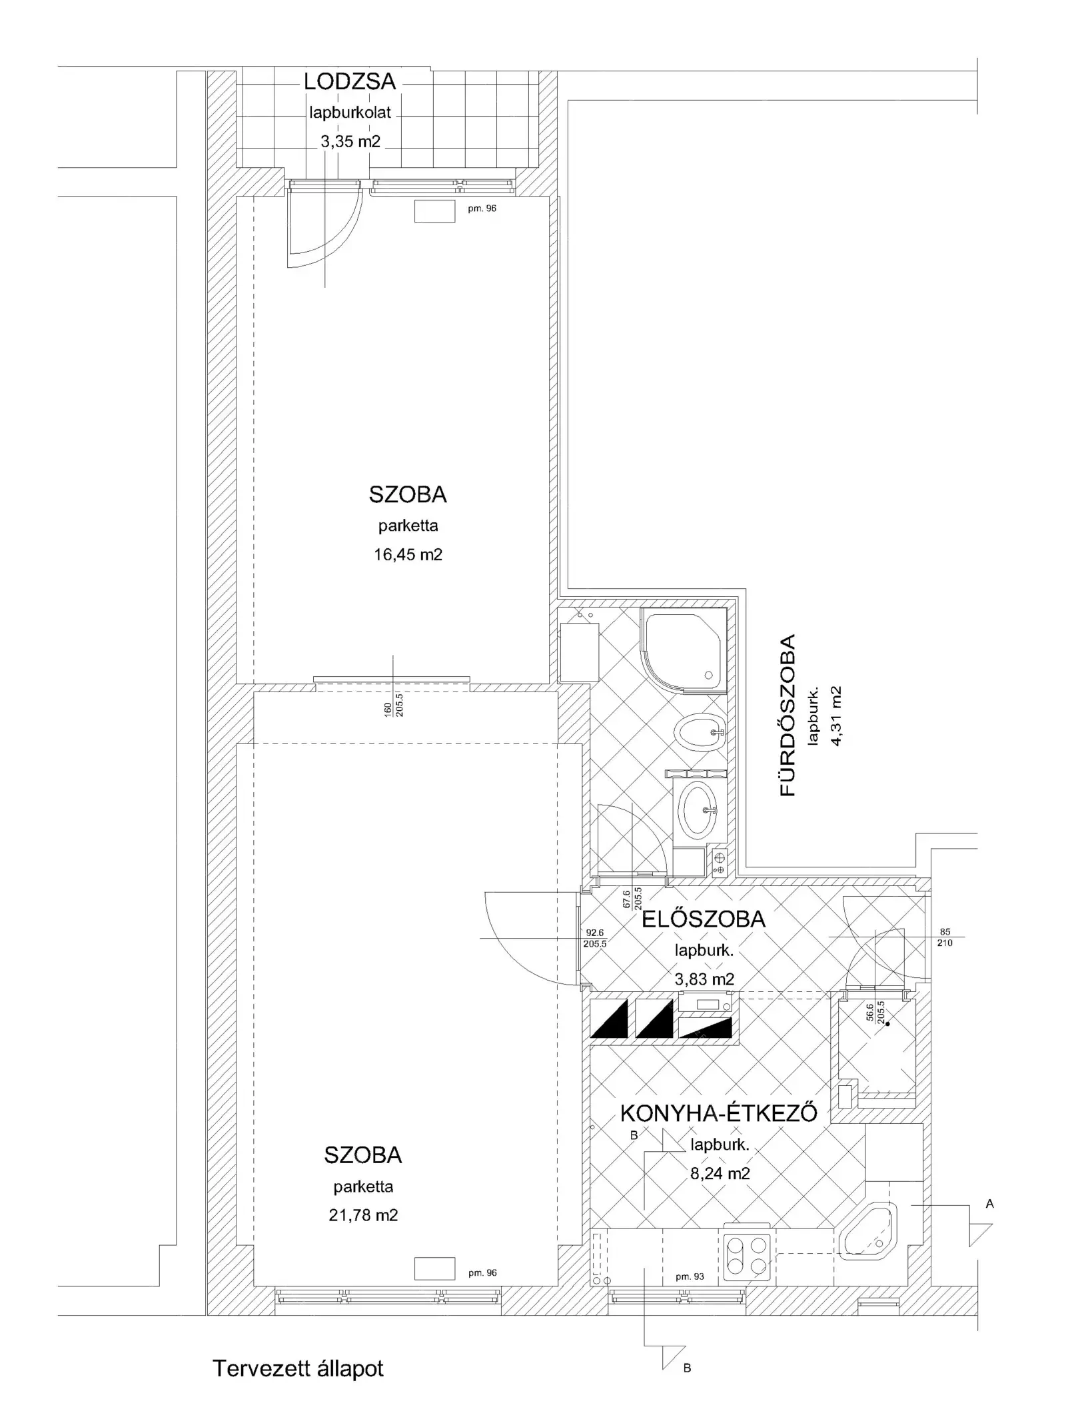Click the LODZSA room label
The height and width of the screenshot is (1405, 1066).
(350, 82)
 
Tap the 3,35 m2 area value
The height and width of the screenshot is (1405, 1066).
(350, 141)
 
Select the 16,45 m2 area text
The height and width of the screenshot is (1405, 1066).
(408, 554)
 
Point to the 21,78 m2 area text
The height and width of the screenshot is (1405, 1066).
(363, 1215)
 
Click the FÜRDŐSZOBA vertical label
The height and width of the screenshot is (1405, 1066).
(788, 715)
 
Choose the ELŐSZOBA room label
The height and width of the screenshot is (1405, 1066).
(704, 919)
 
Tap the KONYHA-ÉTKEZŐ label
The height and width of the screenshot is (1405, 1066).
(719, 1113)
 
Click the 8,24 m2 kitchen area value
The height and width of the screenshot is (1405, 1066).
(720, 1173)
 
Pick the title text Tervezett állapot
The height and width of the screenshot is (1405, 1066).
(298, 1368)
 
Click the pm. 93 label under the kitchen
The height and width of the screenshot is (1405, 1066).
(690, 1276)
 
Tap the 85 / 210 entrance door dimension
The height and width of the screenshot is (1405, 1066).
(945, 937)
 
